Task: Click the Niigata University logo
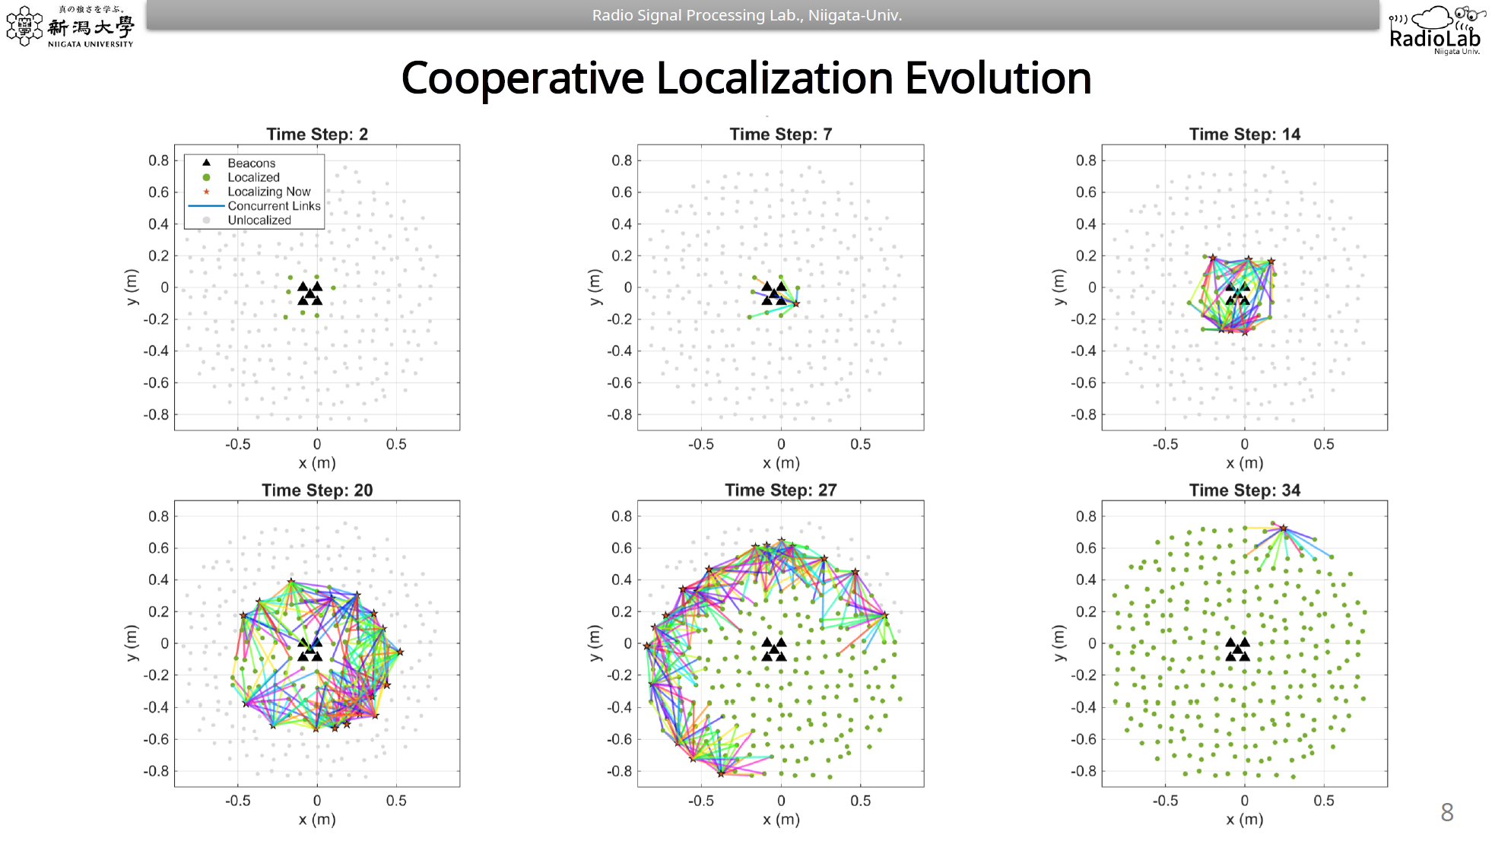coord(70,27)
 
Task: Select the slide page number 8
coord(1446,812)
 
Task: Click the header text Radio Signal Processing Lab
coord(746,15)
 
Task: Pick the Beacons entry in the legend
coord(251,163)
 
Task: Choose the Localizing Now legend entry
coord(268,192)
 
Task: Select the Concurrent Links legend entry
coord(274,206)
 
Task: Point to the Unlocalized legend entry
coord(259,221)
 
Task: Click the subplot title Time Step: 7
coord(780,135)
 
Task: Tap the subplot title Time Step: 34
coord(1244,490)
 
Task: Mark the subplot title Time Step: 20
coord(317,490)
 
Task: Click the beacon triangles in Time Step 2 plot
coord(310,294)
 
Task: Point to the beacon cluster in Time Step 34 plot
coord(1237,649)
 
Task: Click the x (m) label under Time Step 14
coord(1244,463)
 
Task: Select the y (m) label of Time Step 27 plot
coord(595,643)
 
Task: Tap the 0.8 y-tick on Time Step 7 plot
coord(621,160)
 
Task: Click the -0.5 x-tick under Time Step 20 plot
coord(237,801)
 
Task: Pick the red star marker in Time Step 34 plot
coord(1283,528)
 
